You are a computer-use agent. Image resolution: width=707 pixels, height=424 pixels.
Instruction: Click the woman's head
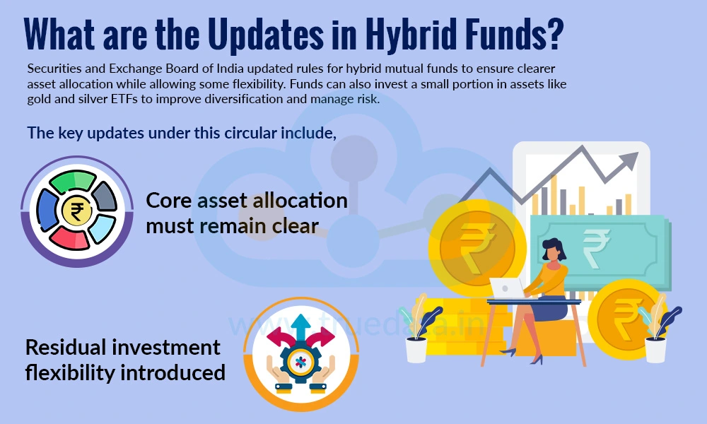click(x=552, y=249)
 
